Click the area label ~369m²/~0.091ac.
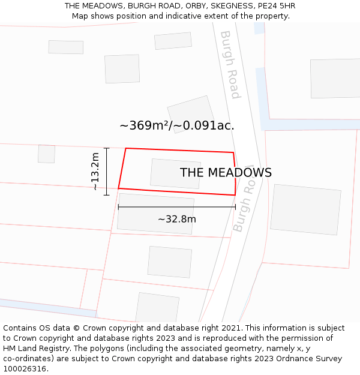pos(177,125)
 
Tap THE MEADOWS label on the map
pos(226,173)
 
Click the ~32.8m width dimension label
pos(177,219)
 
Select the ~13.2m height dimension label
pos(95,172)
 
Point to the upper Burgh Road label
pos(230,65)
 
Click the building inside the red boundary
pos(175,173)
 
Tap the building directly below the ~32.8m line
pos(155,213)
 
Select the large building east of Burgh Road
pos(305,209)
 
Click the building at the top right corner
pos(335,78)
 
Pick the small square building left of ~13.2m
pos(46,154)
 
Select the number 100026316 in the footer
pos(24,368)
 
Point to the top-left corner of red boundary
pos(126,148)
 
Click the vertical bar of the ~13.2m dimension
pos(107,172)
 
